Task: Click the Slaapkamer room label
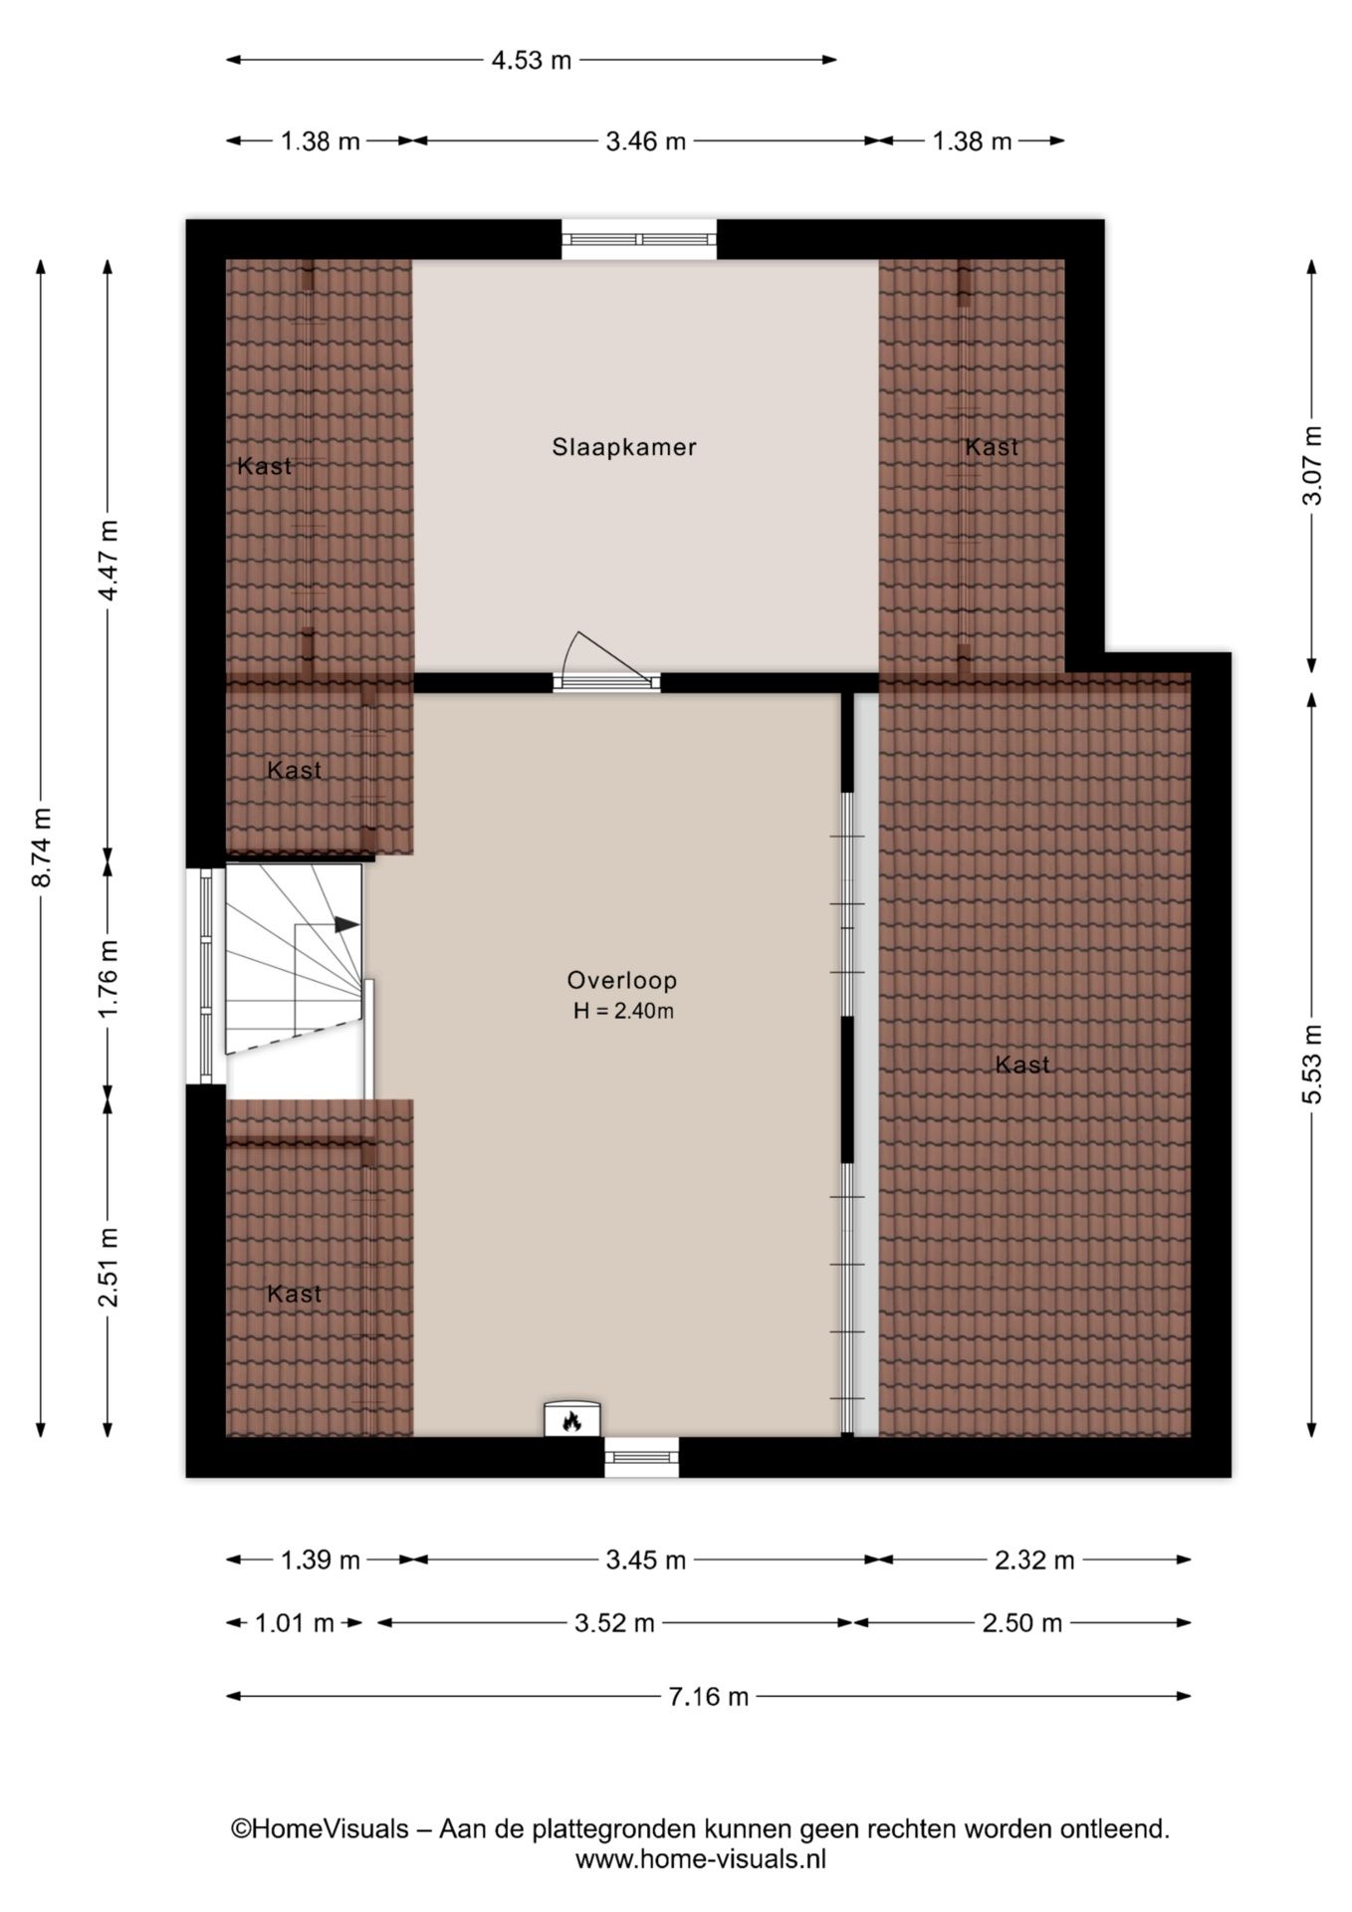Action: [x=624, y=447]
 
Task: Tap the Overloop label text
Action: [x=622, y=980]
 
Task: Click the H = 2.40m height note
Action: [x=623, y=1012]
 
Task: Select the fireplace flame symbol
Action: [x=571, y=1421]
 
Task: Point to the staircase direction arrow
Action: [x=344, y=924]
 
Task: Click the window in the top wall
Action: [x=638, y=239]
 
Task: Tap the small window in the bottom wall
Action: [x=641, y=1457]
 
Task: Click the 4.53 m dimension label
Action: [x=532, y=61]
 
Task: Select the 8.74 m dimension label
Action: [x=42, y=846]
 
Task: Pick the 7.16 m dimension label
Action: [x=708, y=1696]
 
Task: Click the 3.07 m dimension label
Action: [x=1312, y=465]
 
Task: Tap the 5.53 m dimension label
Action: [x=1312, y=1064]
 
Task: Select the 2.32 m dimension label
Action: [x=1034, y=1560]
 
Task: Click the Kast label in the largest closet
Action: [x=1022, y=1065]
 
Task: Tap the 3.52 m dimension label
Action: [x=614, y=1623]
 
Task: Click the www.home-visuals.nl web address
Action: [x=700, y=1859]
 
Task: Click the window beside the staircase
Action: [x=206, y=976]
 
